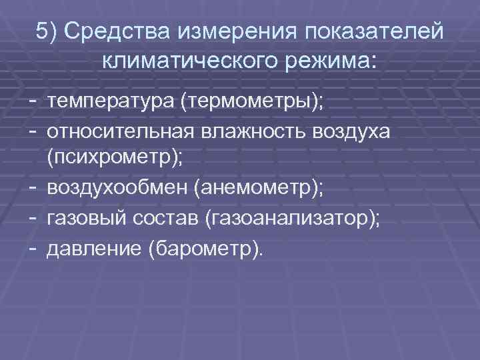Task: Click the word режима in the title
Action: (x=327, y=62)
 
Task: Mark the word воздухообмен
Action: (x=117, y=189)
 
